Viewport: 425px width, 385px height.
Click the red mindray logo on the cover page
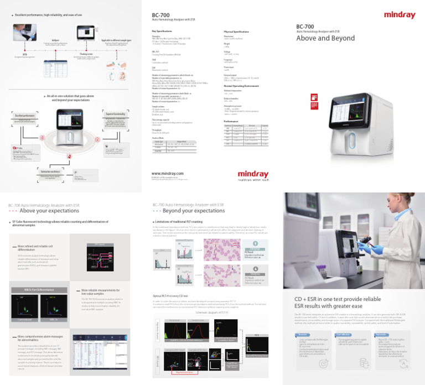click(399, 15)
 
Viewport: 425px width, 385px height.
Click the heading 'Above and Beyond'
click(326, 39)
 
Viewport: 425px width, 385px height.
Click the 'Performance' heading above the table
click(231, 121)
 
